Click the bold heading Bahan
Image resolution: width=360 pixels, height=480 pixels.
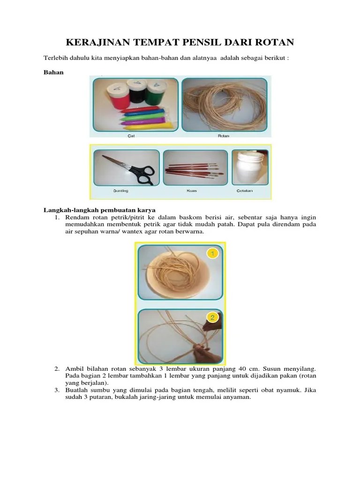click(52, 72)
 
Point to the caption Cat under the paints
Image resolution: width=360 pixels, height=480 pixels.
click(131, 136)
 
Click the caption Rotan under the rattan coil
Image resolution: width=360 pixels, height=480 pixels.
click(223, 136)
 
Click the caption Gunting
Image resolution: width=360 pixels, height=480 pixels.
click(120, 191)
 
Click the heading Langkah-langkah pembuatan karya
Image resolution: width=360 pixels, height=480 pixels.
click(99, 210)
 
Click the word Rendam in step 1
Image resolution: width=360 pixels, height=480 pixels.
click(76, 217)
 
